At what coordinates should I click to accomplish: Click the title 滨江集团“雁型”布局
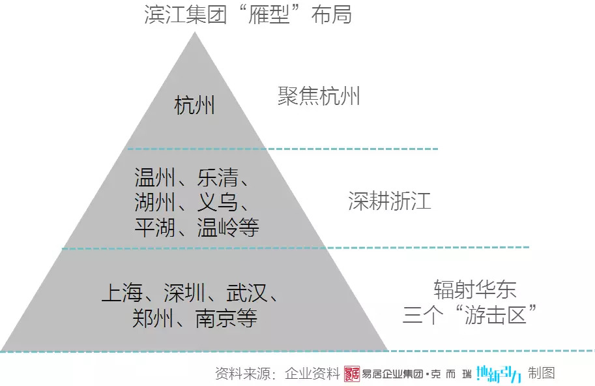[x=248, y=14]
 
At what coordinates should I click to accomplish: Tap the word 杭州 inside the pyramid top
[x=194, y=105]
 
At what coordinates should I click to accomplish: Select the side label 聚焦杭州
[x=318, y=97]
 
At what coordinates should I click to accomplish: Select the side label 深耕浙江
[x=389, y=201]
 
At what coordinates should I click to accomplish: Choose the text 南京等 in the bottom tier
[x=226, y=318]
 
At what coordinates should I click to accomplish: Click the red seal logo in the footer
[x=351, y=374]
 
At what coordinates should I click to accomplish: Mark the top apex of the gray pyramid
[x=194, y=32]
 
